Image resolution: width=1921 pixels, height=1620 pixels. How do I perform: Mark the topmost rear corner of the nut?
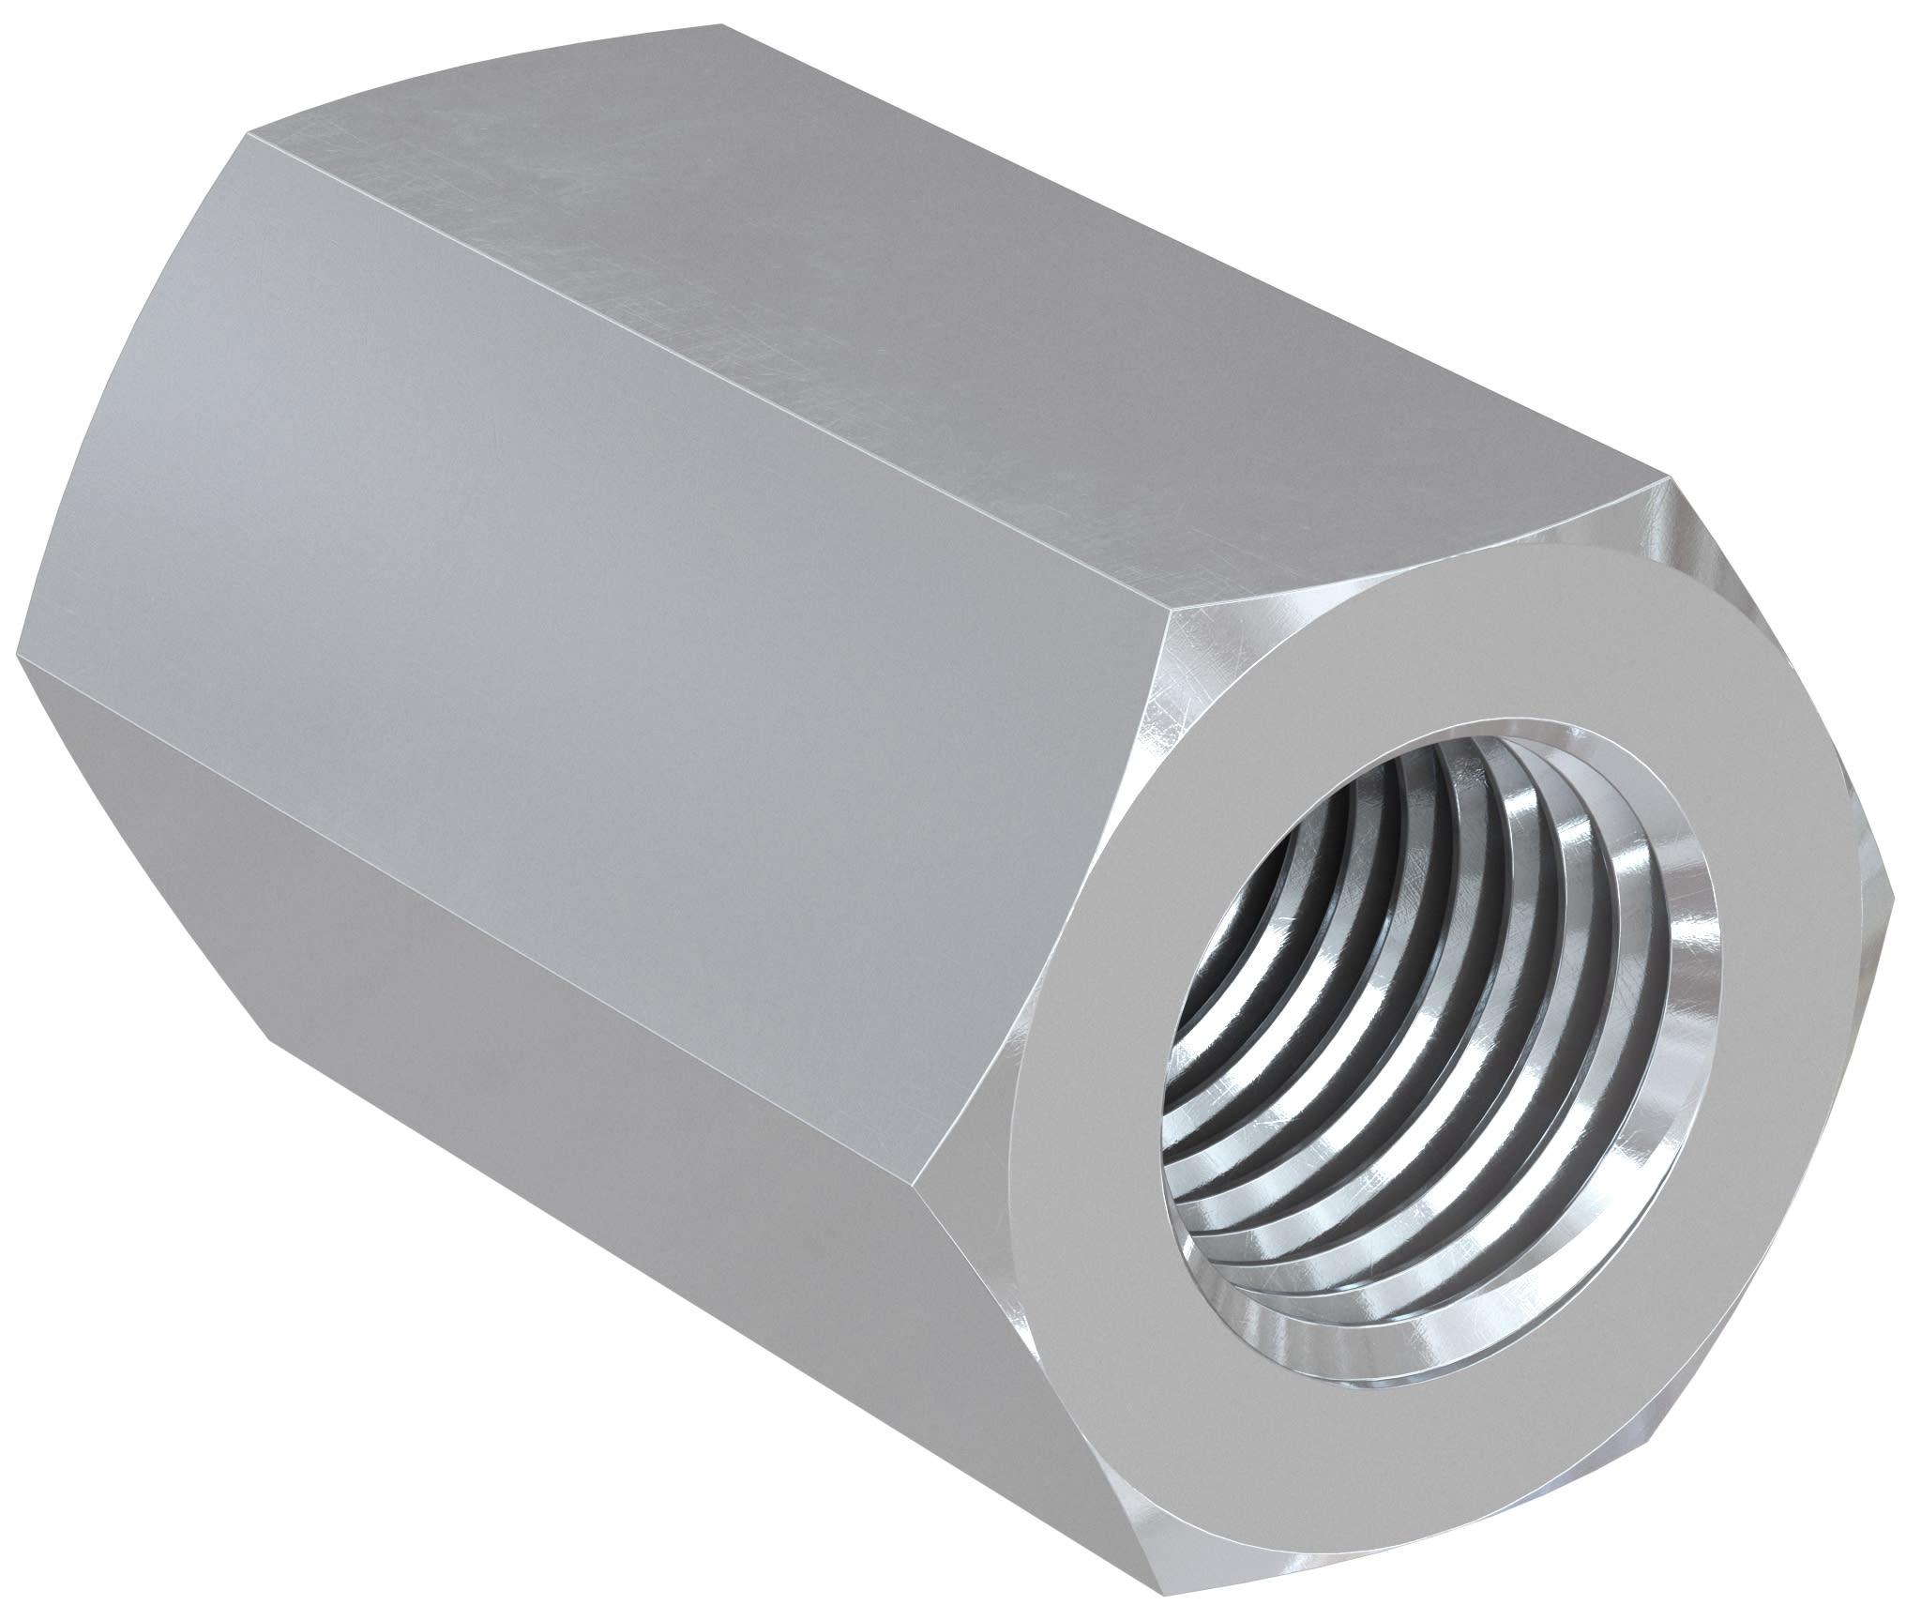722,23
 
